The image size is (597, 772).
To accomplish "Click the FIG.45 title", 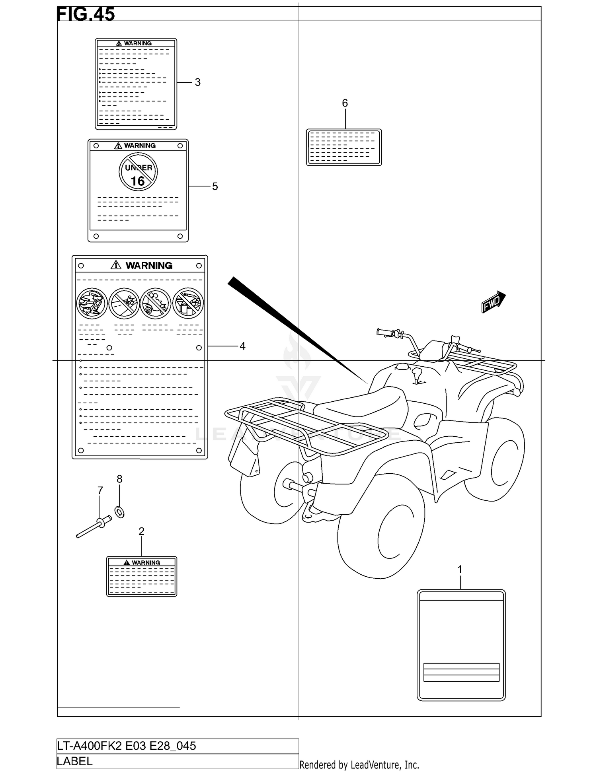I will tap(86, 14).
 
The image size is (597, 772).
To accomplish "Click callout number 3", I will tap(197, 82).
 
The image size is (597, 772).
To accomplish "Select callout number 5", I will tap(215, 187).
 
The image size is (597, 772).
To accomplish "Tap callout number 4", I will tap(242, 346).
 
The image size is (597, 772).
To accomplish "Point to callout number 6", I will tap(345, 103).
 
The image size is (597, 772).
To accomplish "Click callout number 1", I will tap(460, 570).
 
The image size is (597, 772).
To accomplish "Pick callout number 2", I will tap(141, 531).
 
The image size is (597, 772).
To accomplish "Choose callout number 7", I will tap(100, 490).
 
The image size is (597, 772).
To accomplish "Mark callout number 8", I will tap(119, 479).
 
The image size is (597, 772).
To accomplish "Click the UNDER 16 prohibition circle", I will tap(138, 172).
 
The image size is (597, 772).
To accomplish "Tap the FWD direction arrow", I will tap(493, 302).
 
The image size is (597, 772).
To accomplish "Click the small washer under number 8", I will tap(119, 512).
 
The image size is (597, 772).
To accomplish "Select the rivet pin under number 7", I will tap(94, 527).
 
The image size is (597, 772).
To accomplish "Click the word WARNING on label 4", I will tap(149, 265).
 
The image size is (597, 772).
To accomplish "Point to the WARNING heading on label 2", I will tap(146, 562).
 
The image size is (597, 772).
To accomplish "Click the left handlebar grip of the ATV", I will tap(384, 333).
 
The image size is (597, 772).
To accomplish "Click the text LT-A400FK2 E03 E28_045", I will tap(127, 746).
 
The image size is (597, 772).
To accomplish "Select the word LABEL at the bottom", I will tap(75, 761).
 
